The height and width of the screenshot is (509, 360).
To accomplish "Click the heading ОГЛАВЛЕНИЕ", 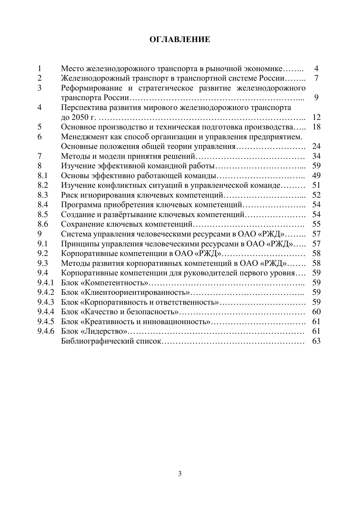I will coord(180,39).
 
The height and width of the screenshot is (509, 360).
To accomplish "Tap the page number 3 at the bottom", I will coord(180,474).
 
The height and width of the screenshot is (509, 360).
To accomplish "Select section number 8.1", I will coord(43,176).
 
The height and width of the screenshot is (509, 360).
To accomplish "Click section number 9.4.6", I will coord(46,331).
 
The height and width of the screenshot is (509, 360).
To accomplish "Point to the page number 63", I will coord(316,341).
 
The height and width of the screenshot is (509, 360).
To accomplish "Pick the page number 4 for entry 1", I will coord(316,69).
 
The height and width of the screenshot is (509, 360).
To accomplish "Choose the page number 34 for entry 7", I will coord(316,156).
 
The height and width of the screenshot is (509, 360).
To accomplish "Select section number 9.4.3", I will coord(46,302).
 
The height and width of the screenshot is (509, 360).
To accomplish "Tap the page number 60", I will coord(316,312).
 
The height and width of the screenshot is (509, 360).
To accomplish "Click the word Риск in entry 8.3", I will coord(68,195).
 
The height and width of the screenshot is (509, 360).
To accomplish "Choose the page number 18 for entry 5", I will coord(316,127).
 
